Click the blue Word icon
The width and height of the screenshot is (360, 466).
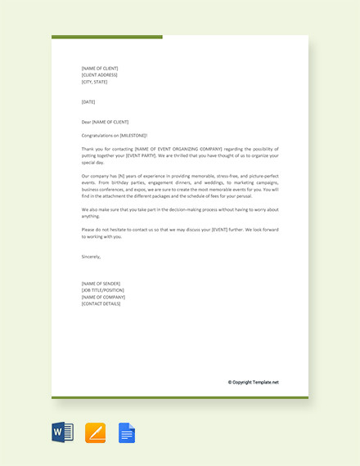tap(63, 432)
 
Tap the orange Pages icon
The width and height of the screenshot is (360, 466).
tap(95, 432)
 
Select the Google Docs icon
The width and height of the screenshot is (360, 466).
tap(127, 432)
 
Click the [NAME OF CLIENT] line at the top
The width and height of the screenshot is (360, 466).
tap(100, 68)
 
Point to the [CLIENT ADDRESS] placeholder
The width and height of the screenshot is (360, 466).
tap(100, 74)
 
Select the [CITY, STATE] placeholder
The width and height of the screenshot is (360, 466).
tap(94, 82)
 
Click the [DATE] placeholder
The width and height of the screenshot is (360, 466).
tap(88, 101)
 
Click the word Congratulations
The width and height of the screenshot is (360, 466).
tap(99, 135)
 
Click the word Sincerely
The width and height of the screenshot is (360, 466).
tap(91, 256)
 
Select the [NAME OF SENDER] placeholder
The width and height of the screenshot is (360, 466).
tap(101, 283)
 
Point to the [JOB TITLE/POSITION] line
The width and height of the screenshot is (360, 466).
tap(103, 289)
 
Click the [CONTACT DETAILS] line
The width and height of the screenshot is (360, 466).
tap(101, 303)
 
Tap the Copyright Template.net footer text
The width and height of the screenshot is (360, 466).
tap(254, 382)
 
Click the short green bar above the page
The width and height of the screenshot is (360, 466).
tap(106, 37)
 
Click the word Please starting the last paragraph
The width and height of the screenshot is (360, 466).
tap(89, 229)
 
